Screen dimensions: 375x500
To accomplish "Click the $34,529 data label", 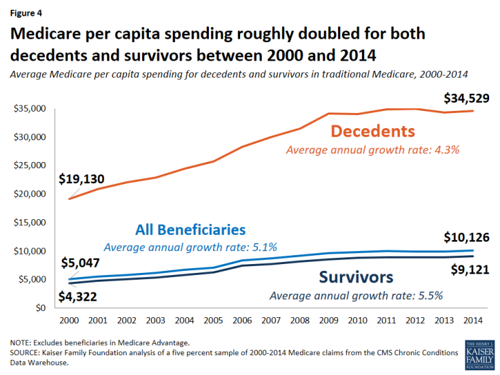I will pos(467,99).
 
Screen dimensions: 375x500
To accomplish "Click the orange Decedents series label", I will pos(373,131).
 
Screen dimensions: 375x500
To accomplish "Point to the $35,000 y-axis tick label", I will pos(29,109).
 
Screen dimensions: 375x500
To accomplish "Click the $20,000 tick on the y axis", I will pos(29,194).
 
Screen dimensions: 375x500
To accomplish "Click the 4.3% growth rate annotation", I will pos(373,149).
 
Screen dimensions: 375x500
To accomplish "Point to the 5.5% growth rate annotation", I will pos(356,295).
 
